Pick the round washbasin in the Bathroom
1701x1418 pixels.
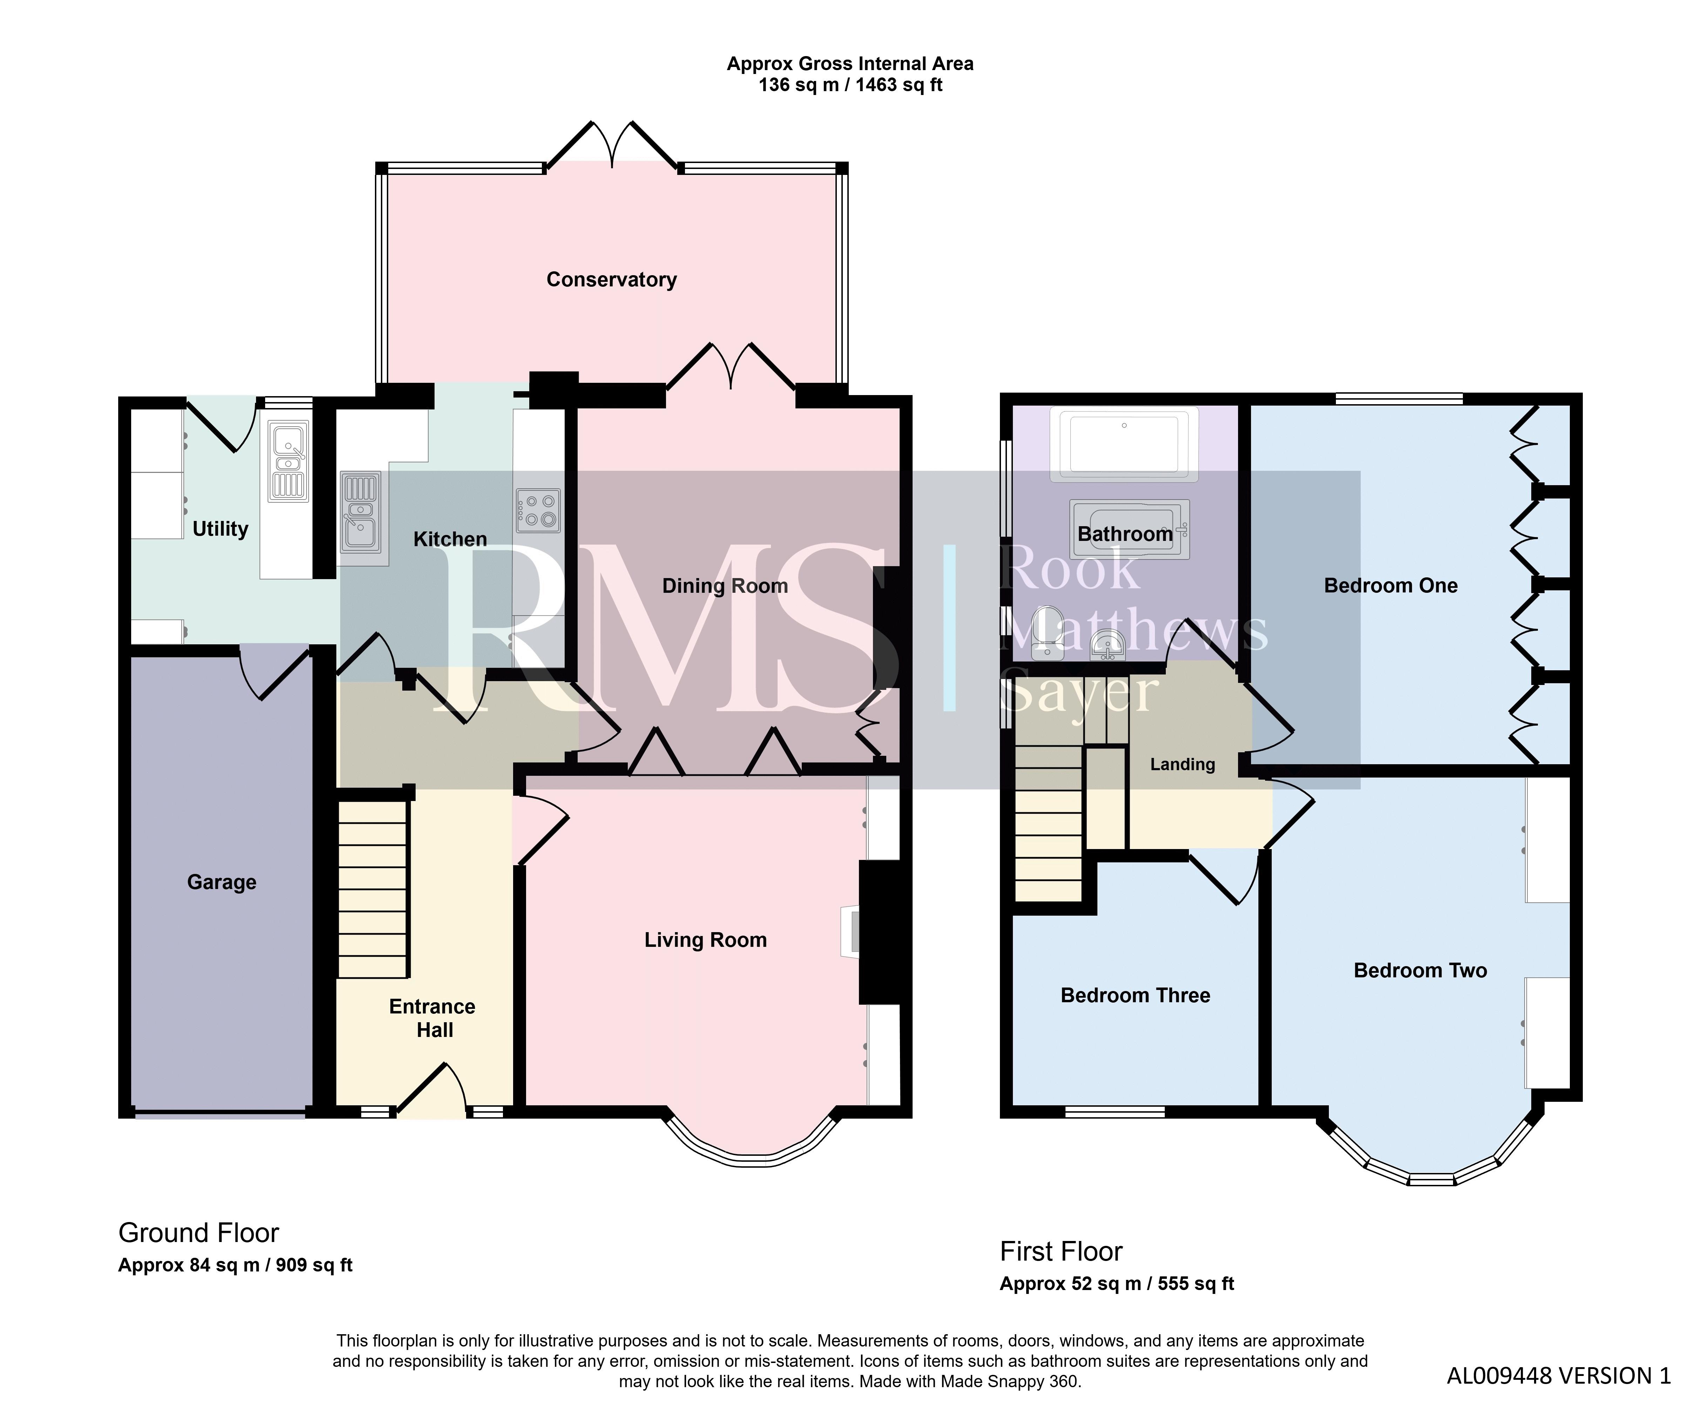[1107, 645]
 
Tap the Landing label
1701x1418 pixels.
[1183, 765]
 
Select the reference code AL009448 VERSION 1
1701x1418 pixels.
[1559, 1376]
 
